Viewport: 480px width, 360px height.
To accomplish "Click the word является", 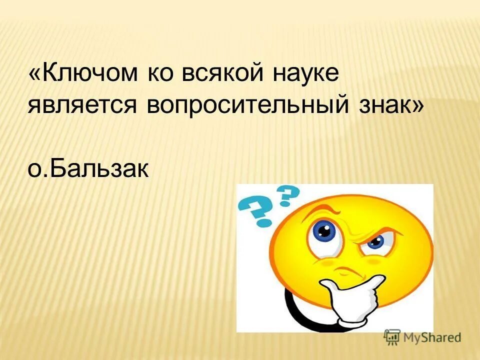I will (82, 106).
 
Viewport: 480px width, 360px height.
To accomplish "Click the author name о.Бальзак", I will (88, 168).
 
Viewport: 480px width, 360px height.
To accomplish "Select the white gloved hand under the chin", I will (354, 300).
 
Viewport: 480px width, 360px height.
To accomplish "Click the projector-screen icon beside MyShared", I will (392, 337).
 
